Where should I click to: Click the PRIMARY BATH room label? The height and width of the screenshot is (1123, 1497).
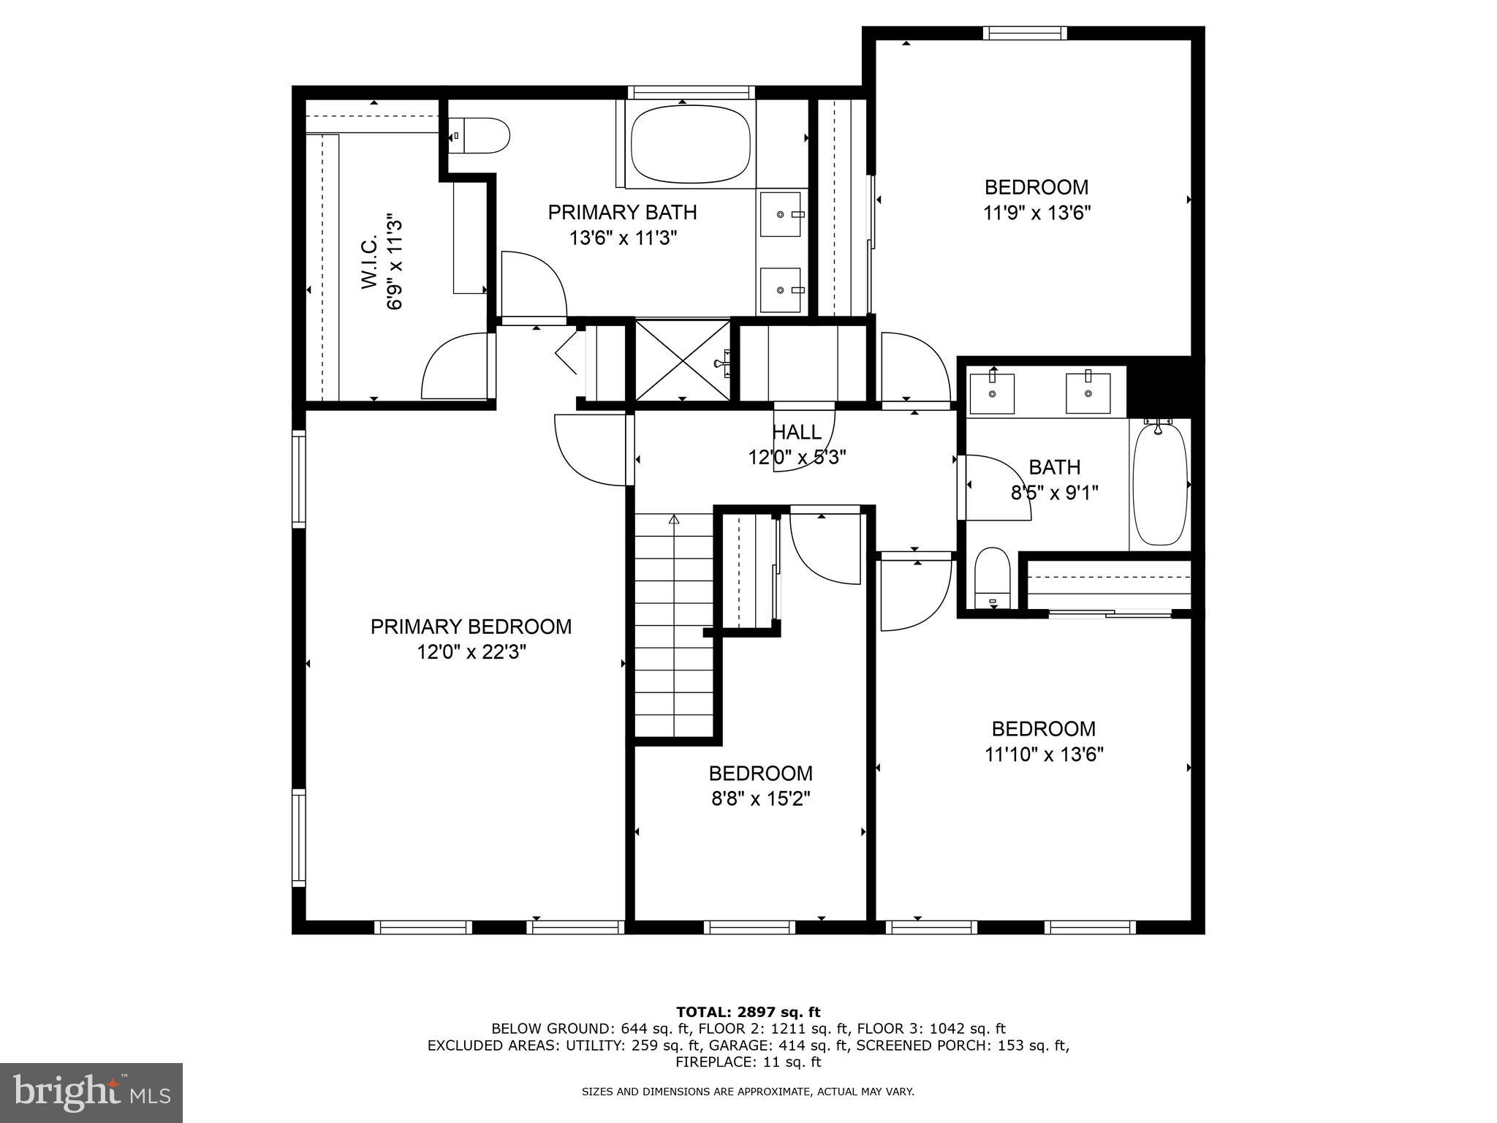coord(622,213)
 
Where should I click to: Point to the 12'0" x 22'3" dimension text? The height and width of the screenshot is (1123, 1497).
coord(471,651)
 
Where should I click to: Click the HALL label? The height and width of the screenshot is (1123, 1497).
coord(797,432)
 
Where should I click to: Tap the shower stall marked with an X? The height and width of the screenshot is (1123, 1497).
coord(682,360)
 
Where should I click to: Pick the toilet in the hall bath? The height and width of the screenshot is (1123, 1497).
coord(992,578)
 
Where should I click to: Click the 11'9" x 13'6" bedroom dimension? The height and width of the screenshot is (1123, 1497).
coord(1036,213)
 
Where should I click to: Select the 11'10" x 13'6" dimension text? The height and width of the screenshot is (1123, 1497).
coord(1043,755)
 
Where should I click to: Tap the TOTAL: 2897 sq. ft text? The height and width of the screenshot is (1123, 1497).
coord(748,1012)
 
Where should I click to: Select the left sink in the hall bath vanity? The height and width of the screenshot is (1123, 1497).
coord(992,393)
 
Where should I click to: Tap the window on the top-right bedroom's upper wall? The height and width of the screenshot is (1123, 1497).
coord(1024,33)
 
